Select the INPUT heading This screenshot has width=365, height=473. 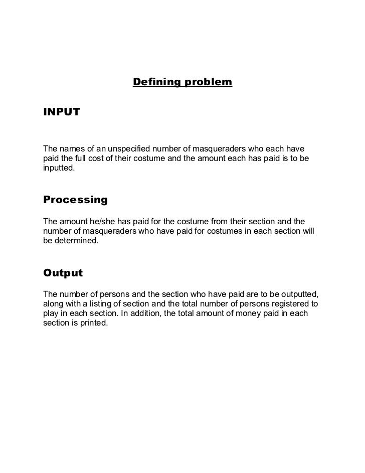click(62, 112)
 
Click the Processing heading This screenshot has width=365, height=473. click(76, 200)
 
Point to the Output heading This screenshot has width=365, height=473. click(63, 273)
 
